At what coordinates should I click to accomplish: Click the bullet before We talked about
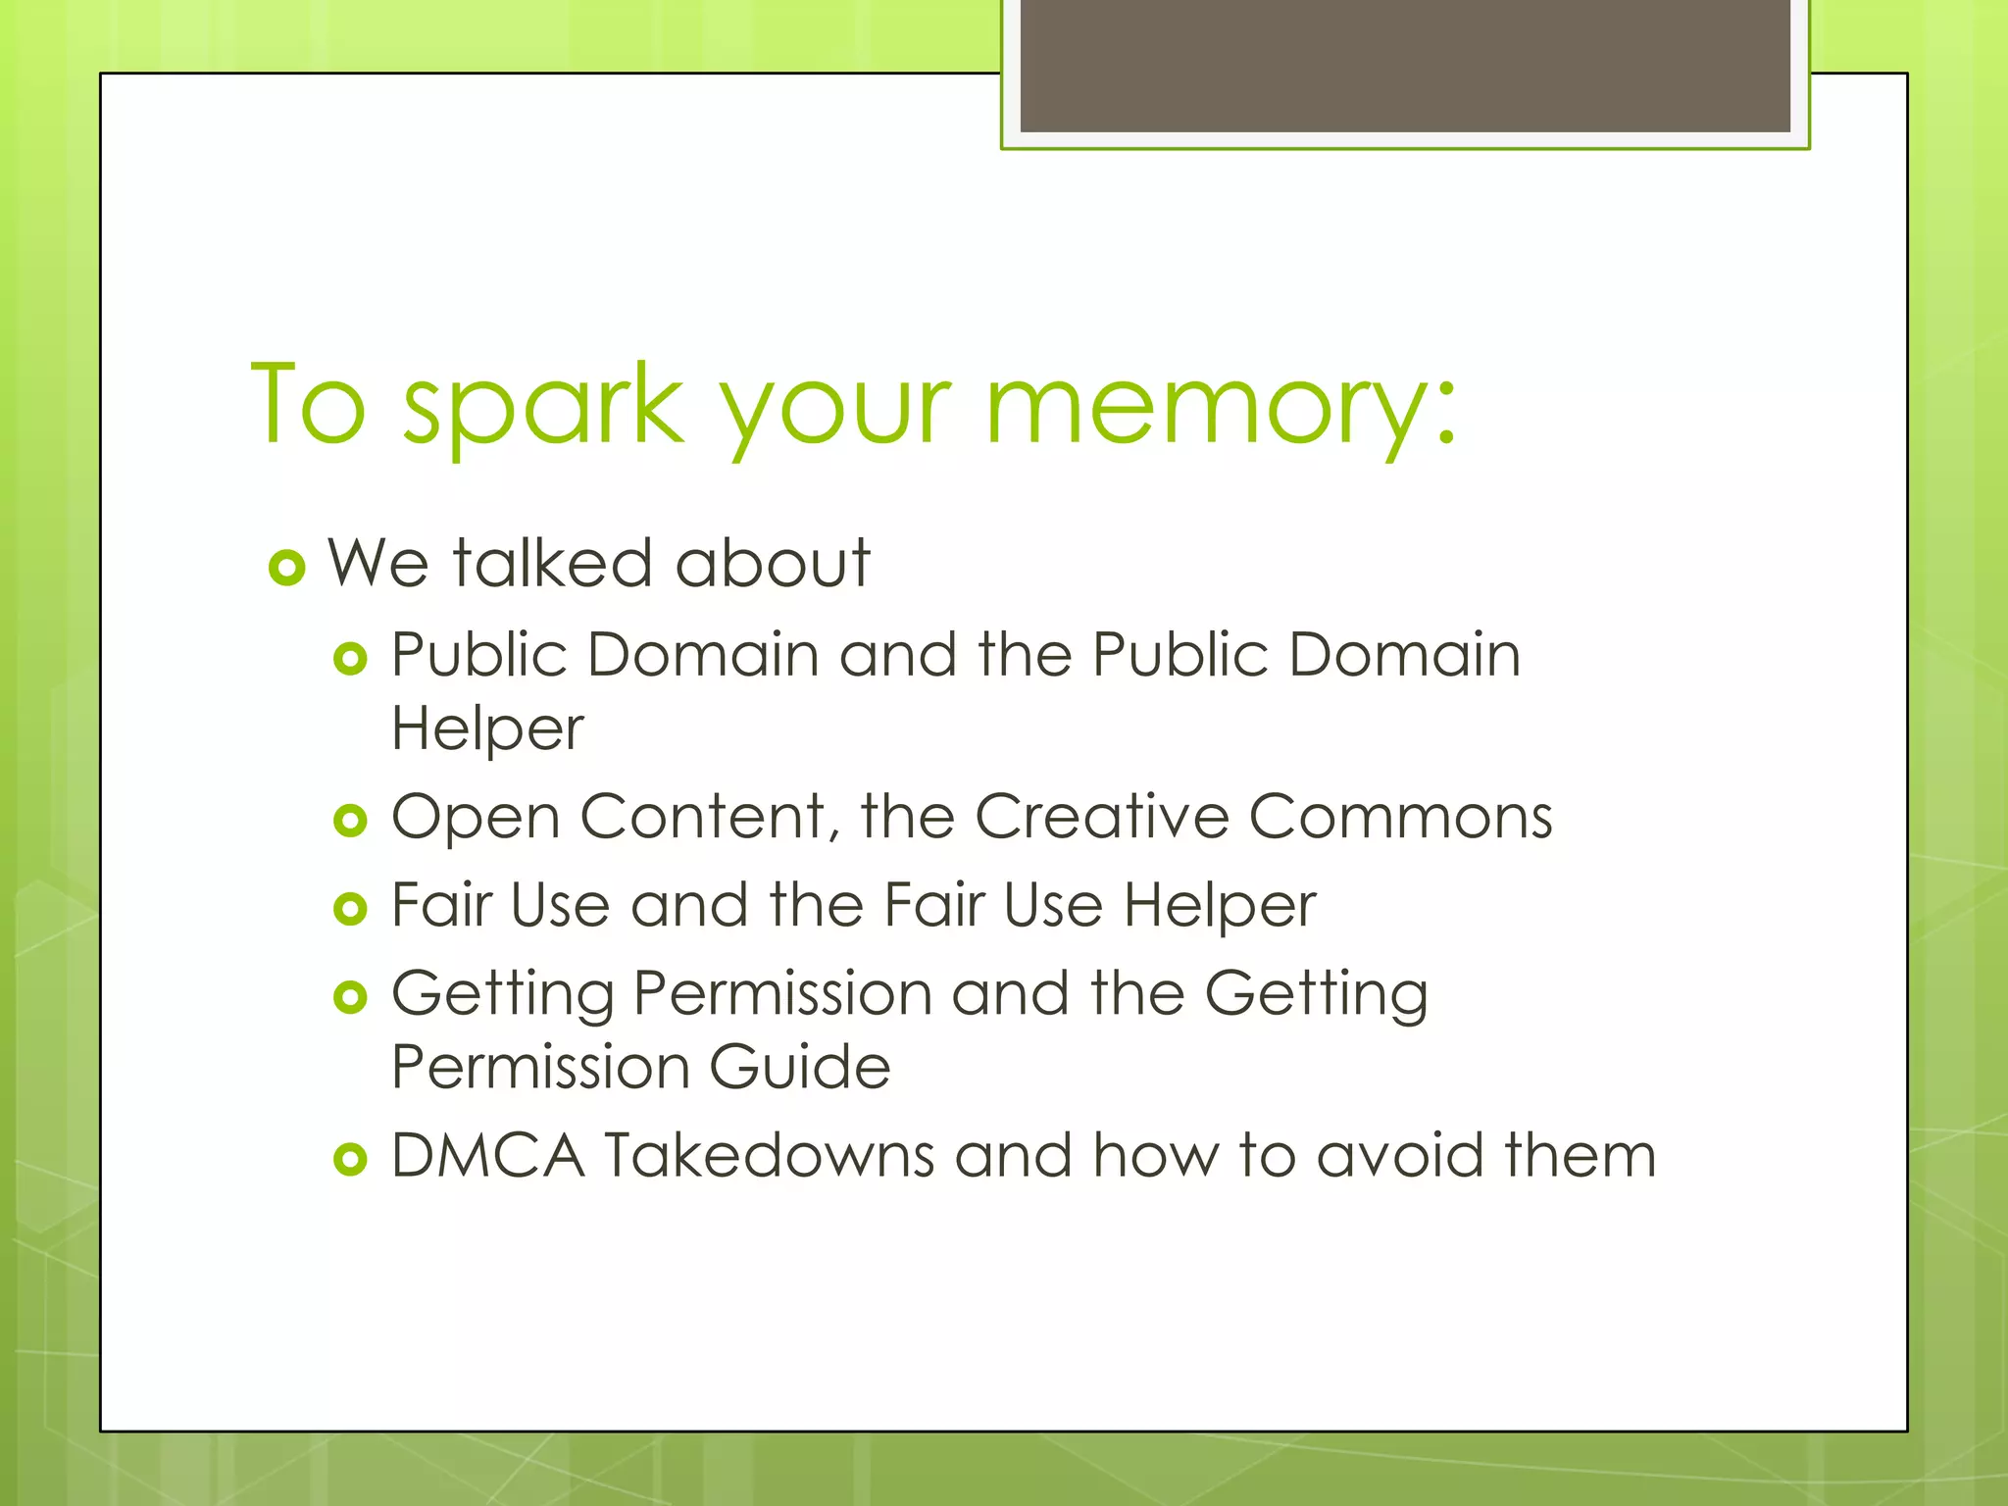[x=287, y=568]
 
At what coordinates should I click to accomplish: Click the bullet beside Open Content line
[x=350, y=820]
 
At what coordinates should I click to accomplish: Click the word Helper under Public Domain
[x=487, y=730]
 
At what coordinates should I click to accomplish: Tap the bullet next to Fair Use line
[x=350, y=909]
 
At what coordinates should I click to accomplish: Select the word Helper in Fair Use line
[x=1219, y=905]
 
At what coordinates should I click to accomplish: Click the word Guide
[x=799, y=1067]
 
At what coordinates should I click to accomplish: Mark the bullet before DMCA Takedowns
[x=350, y=1160]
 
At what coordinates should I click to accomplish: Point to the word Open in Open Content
[x=476, y=818]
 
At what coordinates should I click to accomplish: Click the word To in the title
[x=309, y=405]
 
